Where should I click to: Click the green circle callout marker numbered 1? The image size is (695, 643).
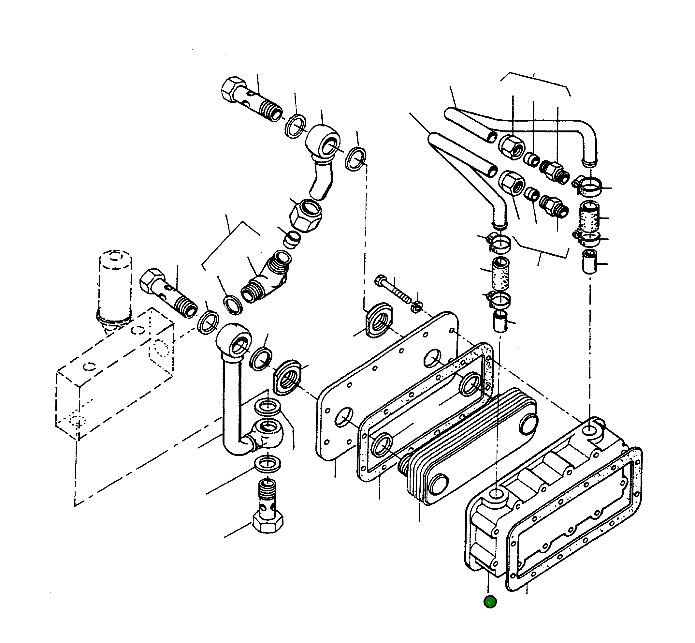pyautogui.click(x=489, y=602)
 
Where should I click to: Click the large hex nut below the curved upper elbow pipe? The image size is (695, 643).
pyautogui.click(x=306, y=215)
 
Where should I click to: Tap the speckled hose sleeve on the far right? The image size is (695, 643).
pyautogui.click(x=589, y=218)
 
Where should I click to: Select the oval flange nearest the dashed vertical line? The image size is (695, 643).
pyautogui.click(x=380, y=320)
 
